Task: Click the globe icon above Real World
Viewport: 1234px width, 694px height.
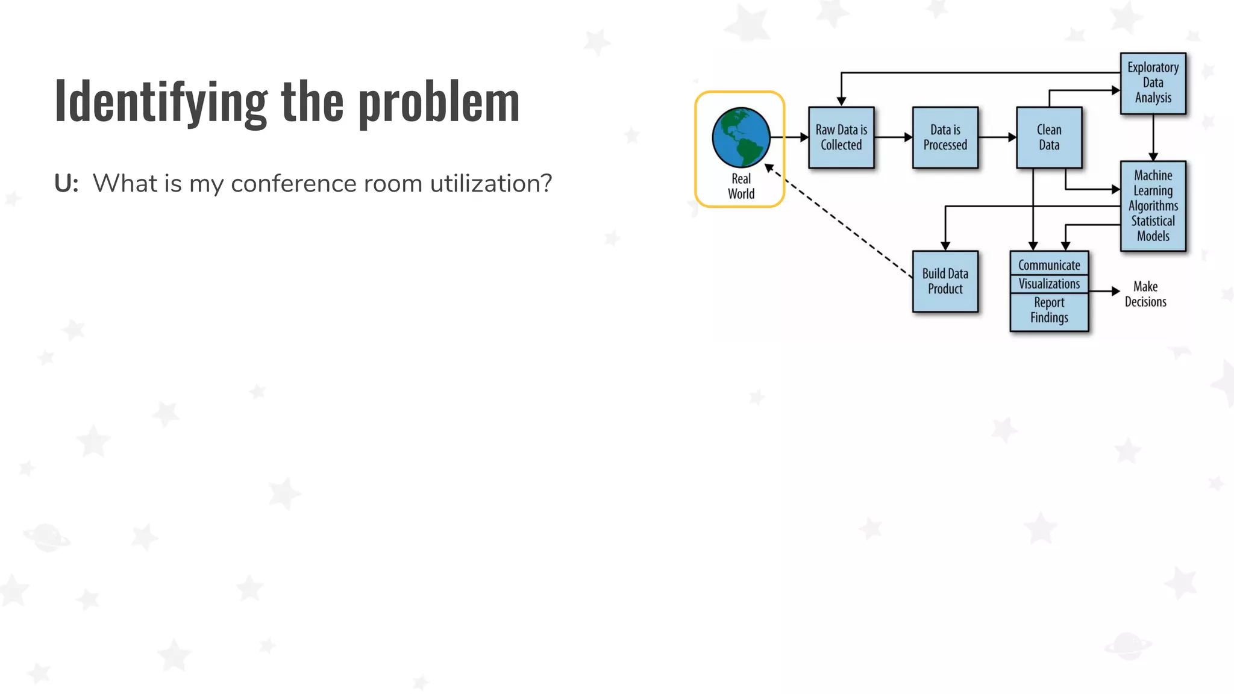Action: point(741,137)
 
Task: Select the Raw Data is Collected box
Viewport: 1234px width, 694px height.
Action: point(841,137)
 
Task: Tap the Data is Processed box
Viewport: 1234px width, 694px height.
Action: point(945,137)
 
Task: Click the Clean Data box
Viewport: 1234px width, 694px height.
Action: point(1048,137)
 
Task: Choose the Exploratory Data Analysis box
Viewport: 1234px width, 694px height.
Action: point(1153,83)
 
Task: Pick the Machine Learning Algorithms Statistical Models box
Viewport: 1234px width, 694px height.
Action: point(1153,205)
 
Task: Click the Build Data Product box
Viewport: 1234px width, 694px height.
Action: point(945,281)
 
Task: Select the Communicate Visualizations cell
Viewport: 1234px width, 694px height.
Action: point(1049,274)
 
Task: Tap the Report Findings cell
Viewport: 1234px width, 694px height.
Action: point(1049,311)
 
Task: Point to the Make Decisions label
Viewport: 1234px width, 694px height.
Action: point(1145,294)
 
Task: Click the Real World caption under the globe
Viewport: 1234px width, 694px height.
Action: point(741,186)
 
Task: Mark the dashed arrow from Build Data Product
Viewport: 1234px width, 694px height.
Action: point(841,223)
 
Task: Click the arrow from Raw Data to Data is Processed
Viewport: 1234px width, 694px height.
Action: point(893,137)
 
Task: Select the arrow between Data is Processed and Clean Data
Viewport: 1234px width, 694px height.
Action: point(997,137)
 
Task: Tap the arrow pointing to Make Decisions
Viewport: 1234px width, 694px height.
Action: point(1104,291)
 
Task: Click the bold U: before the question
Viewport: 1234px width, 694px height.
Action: point(66,183)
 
